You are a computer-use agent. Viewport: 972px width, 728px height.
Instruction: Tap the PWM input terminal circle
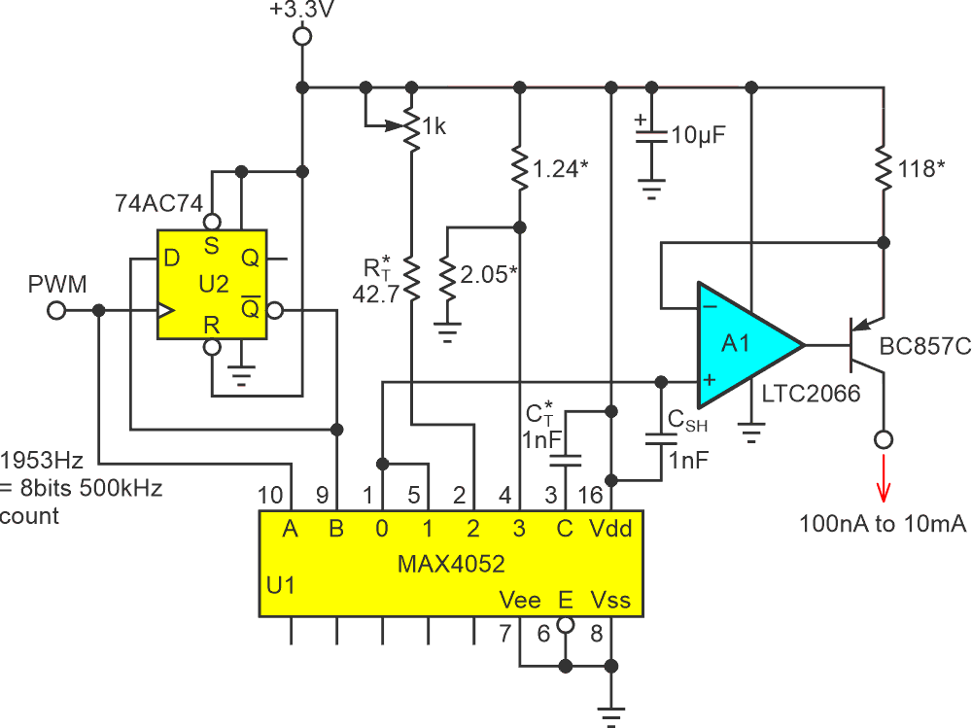pyautogui.click(x=56, y=311)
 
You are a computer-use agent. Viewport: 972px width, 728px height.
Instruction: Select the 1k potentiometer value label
pyautogui.click(x=434, y=125)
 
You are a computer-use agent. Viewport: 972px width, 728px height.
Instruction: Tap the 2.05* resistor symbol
pyautogui.click(x=447, y=279)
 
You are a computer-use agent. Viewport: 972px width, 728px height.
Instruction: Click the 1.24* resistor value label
pyautogui.click(x=563, y=170)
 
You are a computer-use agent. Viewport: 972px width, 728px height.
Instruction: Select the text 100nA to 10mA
pyautogui.click(x=883, y=525)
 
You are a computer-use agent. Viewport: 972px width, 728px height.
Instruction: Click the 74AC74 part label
pyautogui.click(x=156, y=203)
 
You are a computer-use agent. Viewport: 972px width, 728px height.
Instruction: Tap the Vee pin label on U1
pyautogui.click(x=520, y=599)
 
